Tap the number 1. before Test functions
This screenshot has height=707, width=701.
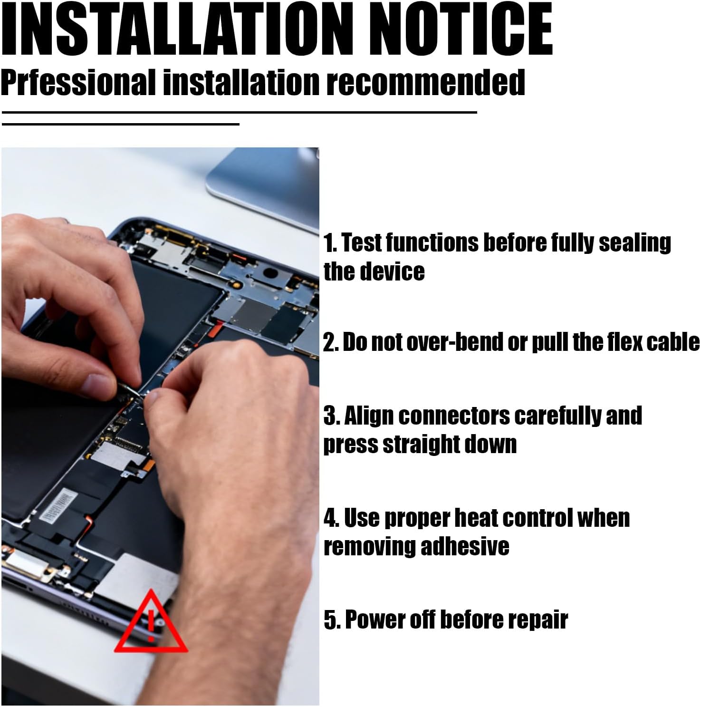pyautogui.click(x=330, y=243)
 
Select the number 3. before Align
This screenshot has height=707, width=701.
pyautogui.click(x=332, y=416)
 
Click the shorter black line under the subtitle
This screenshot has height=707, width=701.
pyautogui.click(x=121, y=124)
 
